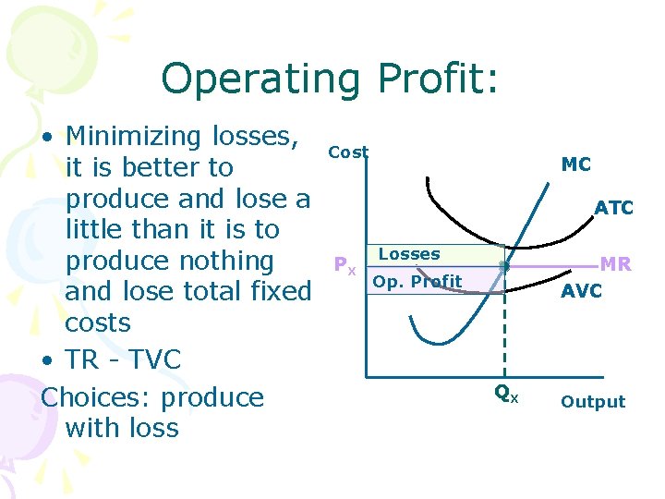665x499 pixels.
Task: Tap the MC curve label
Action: tap(575, 164)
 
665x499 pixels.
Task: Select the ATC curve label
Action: tap(614, 208)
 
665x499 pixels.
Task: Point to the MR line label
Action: tap(616, 265)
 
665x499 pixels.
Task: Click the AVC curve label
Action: tap(582, 291)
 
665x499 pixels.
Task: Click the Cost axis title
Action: tap(348, 152)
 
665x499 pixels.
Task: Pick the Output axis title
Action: tap(593, 402)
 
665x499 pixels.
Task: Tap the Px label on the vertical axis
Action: tap(345, 268)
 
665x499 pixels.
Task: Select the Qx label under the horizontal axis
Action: tap(506, 394)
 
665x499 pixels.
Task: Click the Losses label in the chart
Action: tap(409, 254)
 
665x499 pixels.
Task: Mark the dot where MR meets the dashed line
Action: tap(504, 266)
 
